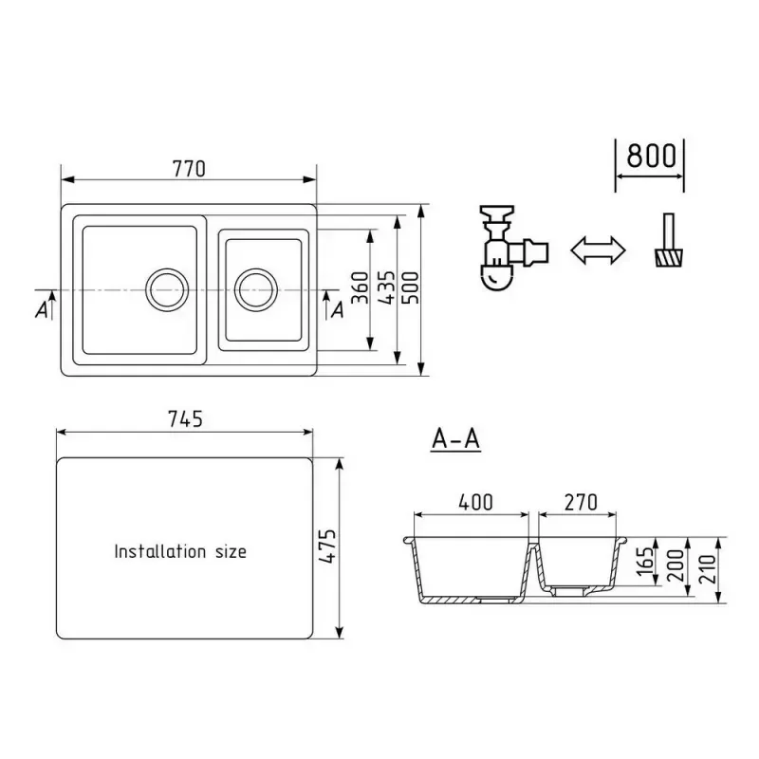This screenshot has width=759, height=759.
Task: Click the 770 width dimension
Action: click(189, 169)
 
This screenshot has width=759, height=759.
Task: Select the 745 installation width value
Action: click(185, 419)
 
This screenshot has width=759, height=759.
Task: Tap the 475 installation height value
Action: click(327, 546)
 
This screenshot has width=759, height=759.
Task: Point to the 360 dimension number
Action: click(360, 288)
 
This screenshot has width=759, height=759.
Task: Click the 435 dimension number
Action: click(386, 288)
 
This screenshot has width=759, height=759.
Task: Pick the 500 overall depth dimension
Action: click(411, 288)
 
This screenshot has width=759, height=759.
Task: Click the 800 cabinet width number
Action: click(651, 156)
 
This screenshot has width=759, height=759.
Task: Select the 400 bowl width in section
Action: click(476, 503)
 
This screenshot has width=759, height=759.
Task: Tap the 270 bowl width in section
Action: click(581, 503)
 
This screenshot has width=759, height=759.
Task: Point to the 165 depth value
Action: click(645, 561)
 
